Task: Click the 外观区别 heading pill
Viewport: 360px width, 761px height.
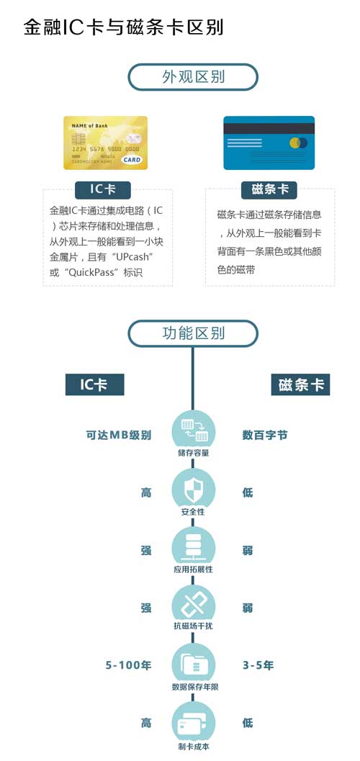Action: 193,77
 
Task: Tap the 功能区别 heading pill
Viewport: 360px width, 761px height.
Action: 193,333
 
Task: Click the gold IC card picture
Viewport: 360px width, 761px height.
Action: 105,143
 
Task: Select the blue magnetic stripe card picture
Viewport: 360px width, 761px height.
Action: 269,143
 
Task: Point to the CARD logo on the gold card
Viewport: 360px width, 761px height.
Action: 132,159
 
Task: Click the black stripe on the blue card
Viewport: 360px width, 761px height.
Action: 269,128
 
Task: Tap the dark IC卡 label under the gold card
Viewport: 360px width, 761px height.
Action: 103,189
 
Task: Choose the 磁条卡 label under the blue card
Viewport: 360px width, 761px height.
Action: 269,189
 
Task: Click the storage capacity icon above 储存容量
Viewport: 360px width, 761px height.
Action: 194,430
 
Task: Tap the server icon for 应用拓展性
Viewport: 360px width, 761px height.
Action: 194,546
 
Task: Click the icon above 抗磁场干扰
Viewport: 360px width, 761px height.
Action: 194,604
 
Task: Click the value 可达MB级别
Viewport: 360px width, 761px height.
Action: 119,435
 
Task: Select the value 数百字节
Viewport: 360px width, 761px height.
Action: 265,435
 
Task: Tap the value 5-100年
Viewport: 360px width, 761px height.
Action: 129,665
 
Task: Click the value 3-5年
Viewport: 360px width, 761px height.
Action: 258,665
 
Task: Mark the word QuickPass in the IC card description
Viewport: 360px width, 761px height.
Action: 93,273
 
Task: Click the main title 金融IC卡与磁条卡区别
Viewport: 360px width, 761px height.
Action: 123,27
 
